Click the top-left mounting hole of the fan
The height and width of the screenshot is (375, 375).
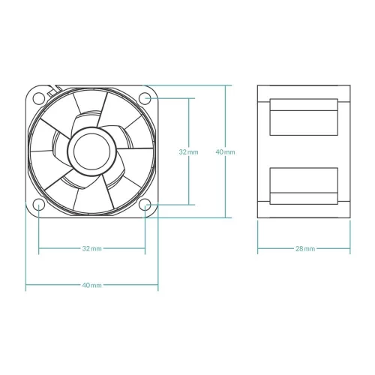(39, 98)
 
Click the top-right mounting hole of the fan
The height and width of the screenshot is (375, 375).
(145, 98)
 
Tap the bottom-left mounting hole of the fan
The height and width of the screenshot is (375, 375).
(39, 205)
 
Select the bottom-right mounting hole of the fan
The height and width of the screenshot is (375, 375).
(145, 205)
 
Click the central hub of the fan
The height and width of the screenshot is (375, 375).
(92, 151)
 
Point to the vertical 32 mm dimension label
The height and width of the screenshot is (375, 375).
(188, 151)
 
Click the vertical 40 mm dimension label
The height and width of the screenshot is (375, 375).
(225, 151)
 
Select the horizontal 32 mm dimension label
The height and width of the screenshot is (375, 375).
(91, 248)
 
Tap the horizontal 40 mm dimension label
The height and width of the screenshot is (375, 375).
(91, 285)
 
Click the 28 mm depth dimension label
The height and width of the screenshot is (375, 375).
(305, 248)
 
